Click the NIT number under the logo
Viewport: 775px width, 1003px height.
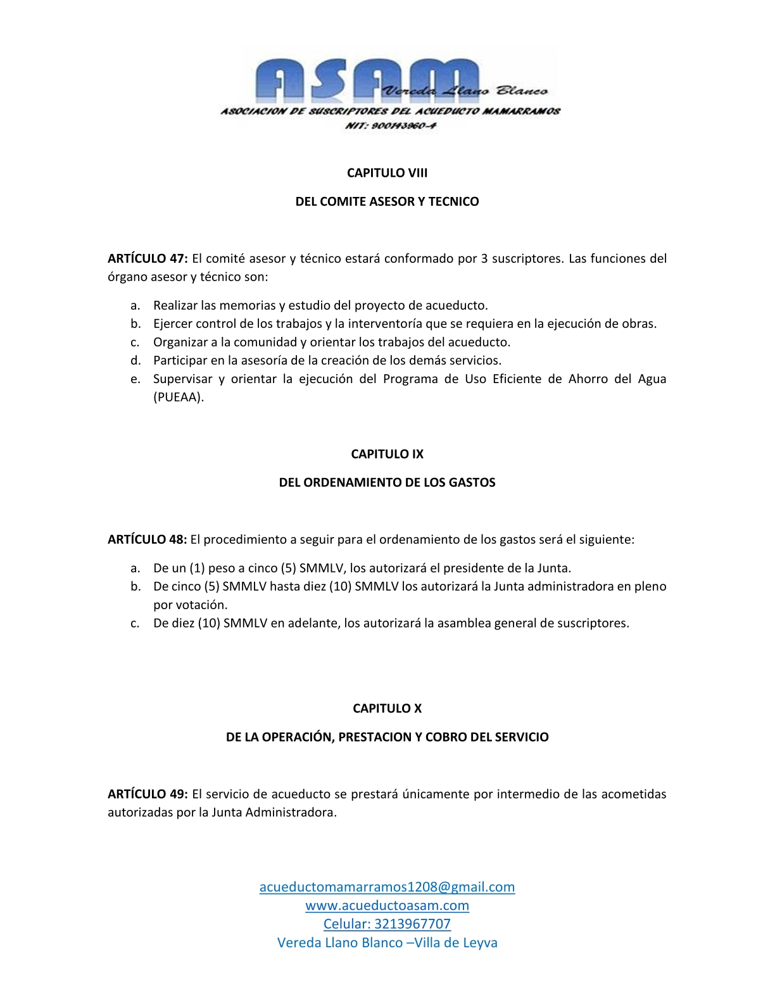(391, 125)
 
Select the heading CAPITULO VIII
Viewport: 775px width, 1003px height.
(387, 173)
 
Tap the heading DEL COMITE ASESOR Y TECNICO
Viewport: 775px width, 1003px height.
(387, 201)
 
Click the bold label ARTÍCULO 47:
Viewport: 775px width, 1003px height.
(148, 258)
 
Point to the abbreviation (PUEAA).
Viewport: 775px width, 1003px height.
(179, 398)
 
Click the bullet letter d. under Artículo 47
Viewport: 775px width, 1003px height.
(135, 361)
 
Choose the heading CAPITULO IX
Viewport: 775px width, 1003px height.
(387, 454)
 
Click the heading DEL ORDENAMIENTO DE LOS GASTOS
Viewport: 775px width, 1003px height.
(387, 483)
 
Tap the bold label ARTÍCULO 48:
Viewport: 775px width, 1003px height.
(147, 539)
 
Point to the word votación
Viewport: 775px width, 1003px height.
(199, 605)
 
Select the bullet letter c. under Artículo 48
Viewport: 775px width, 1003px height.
(135, 624)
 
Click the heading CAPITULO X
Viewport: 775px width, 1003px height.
(387, 709)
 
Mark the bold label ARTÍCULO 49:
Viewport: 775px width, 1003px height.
(148, 794)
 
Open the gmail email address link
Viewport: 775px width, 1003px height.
(387, 887)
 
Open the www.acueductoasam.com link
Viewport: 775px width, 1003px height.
(387, 905)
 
